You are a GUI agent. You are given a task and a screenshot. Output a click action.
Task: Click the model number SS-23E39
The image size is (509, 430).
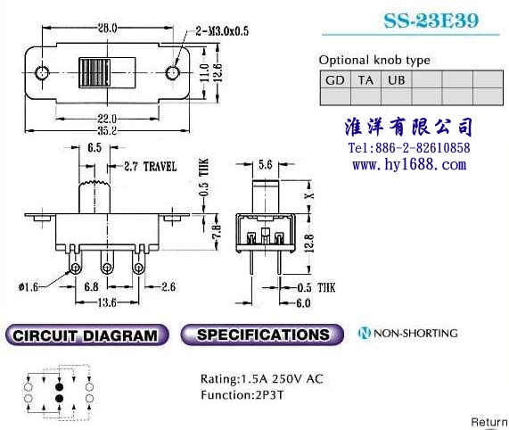[431, 21]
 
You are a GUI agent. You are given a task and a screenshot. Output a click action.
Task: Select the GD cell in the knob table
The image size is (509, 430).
[335, 79]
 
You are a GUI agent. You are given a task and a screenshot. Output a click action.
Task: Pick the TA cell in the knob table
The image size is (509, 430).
[365, 79]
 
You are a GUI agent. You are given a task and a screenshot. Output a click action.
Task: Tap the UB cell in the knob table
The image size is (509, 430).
[397, 79]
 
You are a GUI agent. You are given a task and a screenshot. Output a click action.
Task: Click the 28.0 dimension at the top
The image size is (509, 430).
[108, 28]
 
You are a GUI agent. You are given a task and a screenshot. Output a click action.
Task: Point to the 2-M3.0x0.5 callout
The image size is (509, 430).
[222, 31]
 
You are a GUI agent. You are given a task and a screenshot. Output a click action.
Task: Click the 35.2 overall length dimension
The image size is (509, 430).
[108, 130]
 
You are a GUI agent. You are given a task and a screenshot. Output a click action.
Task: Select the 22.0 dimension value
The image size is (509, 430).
[108, 119]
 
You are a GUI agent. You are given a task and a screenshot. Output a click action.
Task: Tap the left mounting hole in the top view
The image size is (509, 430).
[42, 72]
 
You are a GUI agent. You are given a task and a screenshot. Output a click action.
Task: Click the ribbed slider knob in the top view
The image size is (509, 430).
[94, 73]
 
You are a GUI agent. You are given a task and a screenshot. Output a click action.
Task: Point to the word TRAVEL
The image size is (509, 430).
[160, 167]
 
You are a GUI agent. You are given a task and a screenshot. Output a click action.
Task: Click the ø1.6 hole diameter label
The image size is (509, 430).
[29, 287]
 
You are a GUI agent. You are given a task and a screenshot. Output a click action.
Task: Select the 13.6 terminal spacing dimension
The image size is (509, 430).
[107, 302]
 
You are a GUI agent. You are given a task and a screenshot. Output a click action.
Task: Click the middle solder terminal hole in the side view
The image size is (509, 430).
[107, 269]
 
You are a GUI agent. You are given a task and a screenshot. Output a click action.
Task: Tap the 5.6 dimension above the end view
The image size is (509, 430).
[266, 165]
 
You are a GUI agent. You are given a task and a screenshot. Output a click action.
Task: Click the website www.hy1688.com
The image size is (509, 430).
[409, 165]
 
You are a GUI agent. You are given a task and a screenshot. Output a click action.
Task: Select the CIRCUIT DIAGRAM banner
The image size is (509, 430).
[87, 335]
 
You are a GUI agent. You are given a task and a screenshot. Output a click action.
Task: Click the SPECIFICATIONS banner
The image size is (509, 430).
[262, 335]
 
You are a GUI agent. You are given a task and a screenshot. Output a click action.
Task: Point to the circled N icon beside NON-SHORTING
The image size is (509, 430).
[365, 333]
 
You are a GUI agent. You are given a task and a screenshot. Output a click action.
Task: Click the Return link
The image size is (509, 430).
[489, 422]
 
